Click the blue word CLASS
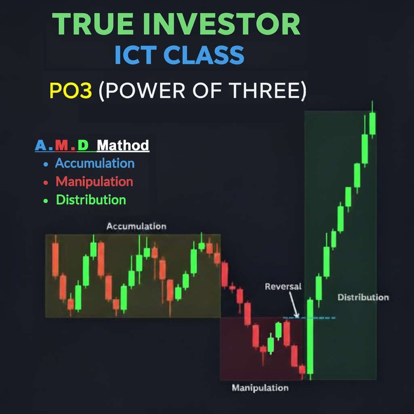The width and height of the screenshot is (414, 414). (x=204, y=55)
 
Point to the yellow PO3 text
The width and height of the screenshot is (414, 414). (x=71, y=90)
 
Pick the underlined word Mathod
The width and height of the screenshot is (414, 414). (x=123, y=145)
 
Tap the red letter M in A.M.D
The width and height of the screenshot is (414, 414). (x=62, y=145)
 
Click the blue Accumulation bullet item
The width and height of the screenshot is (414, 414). (x=95, y=163)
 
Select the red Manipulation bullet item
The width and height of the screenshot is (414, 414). (x=94, y=182)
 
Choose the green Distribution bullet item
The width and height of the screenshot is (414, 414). (x=91, y=200)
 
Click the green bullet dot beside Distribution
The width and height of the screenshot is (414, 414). (x=46, y=201)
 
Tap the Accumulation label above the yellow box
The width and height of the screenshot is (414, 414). (x=136, y=226)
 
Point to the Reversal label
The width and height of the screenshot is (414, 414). (x=283, y=287)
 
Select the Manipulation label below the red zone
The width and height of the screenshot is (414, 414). (x=260, y=388)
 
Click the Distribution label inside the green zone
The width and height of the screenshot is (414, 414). (x=363, y=297)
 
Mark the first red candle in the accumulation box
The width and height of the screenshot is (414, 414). (x=55, y=260)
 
